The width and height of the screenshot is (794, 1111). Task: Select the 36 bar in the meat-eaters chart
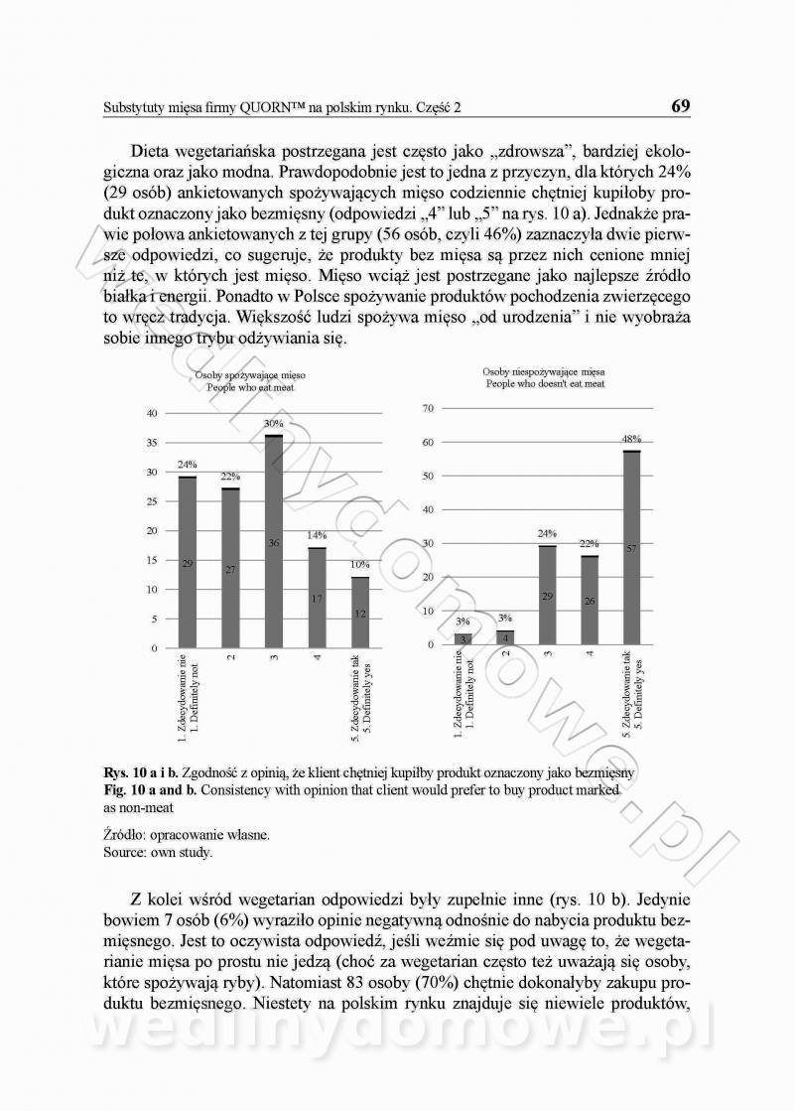coord(274,541)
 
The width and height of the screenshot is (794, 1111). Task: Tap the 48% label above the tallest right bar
coord(631,438)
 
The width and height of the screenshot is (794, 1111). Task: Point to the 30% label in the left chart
coord(274,424)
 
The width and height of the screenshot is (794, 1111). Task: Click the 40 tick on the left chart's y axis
coord(151,413)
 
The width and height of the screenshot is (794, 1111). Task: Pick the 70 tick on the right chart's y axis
coord(429,409)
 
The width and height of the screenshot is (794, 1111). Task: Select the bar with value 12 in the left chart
coord(360,613)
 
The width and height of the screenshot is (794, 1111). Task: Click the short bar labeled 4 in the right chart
coord(505,636)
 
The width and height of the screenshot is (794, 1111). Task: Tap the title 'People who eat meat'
coord(249,388)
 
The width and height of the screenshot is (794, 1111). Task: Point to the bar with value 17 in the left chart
coord(317,598)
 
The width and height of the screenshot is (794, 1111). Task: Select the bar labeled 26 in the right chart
coord(590,600)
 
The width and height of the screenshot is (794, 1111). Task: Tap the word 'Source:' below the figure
coord(125,851)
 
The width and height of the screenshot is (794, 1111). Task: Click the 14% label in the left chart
coord(317,535)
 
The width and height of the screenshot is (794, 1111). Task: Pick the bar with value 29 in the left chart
coord(188,562)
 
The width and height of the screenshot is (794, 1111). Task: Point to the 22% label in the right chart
coord(590,544)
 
